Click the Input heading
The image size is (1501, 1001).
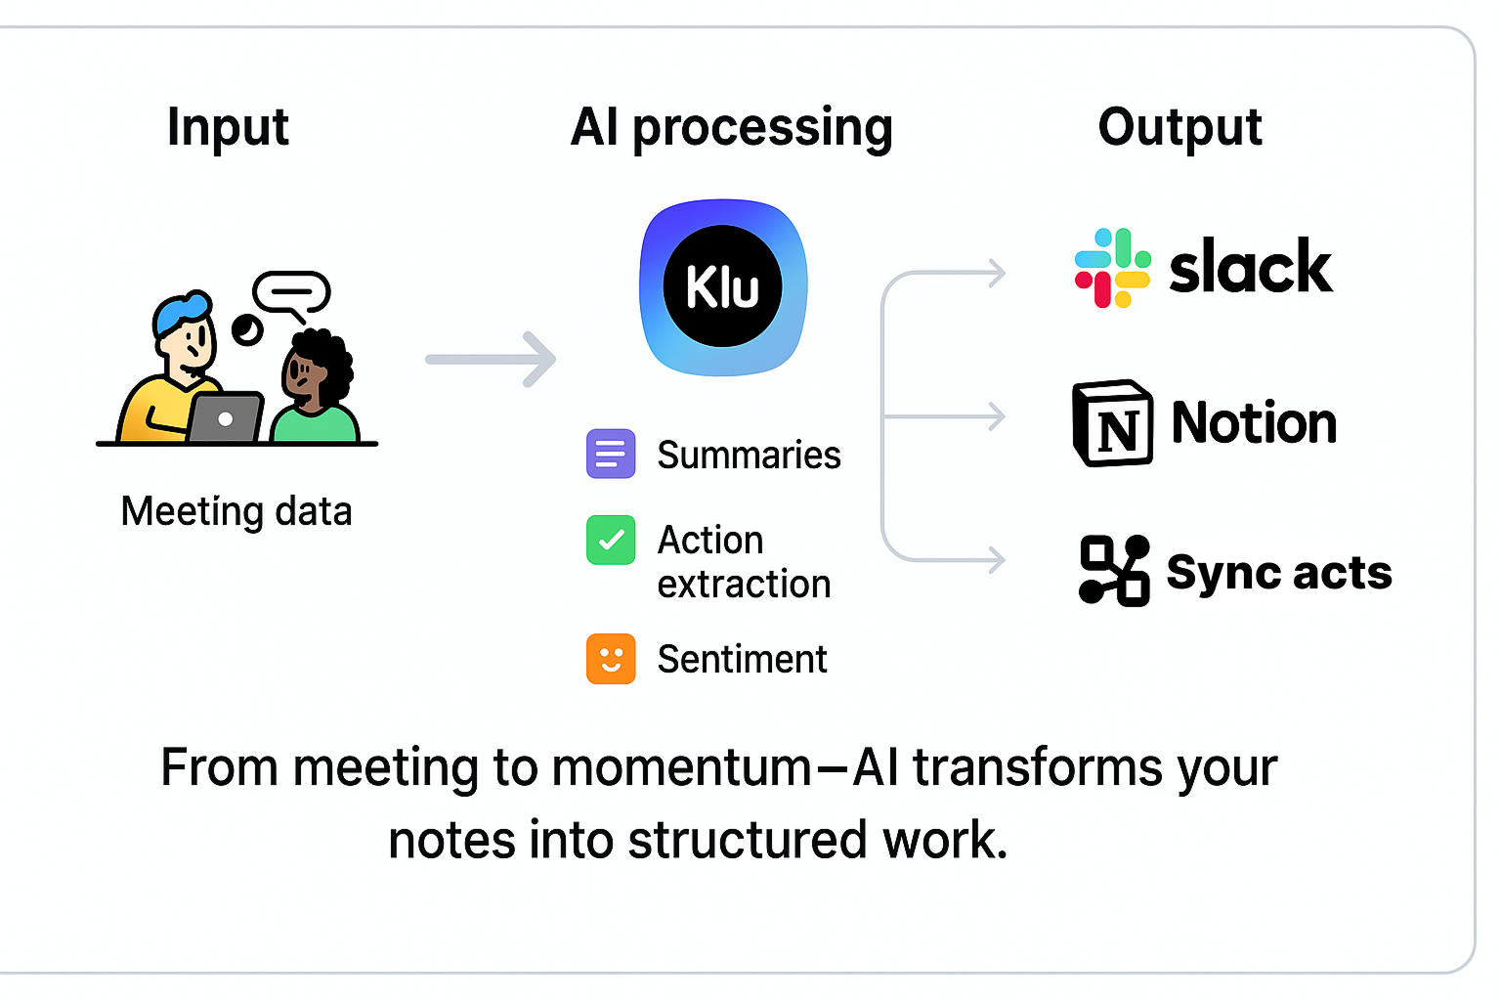[x=228, y=128]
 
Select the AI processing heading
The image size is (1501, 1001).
[x=731, y=128]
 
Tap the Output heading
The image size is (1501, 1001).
[x=1179, y=128]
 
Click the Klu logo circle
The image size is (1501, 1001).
[x=722, y=286]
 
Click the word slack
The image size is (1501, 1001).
[x=1250, y=267]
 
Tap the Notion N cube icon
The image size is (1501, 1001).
[x=1112, y=422]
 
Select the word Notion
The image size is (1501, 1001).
[x=1254, y=422]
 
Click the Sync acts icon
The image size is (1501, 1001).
[x=1114, y=571]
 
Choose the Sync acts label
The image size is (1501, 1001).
[x=1279, y=572]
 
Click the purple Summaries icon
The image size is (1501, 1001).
[x=611, y=454]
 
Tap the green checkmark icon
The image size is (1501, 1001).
[x=611, y=540]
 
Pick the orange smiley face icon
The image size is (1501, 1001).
[x=611, y=659]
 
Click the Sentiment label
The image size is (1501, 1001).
[x=742, y=660]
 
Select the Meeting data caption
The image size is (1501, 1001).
[x=236, y=511]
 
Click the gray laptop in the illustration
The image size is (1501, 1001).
[x=226, y=418]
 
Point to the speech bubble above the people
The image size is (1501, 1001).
[x=291, y=292]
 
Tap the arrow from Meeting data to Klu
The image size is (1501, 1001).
[x=491, y=360]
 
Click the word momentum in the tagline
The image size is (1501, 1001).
[x=681, y=767]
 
